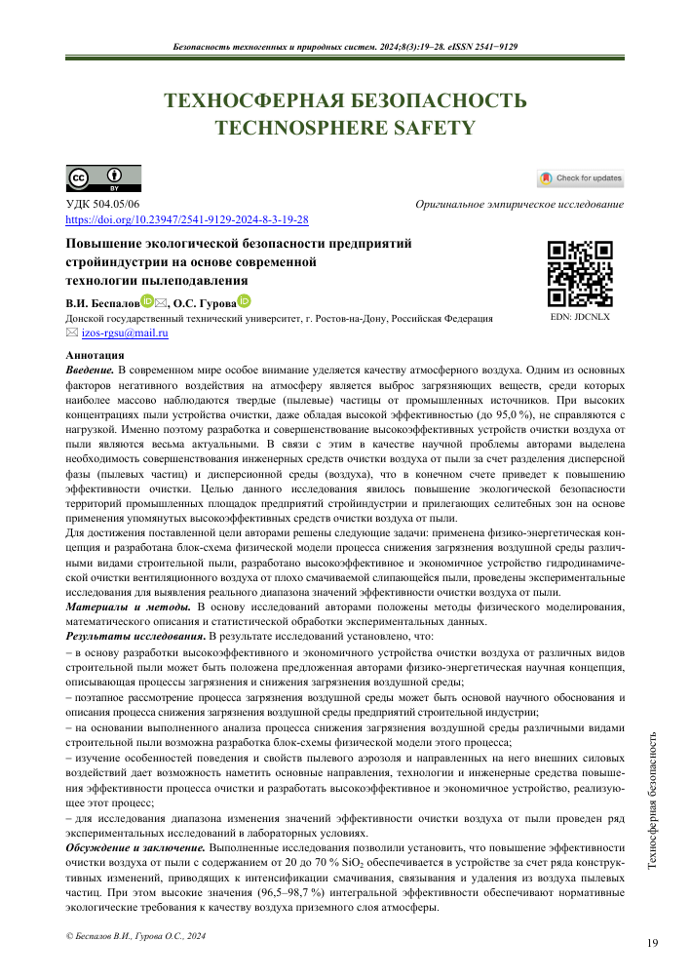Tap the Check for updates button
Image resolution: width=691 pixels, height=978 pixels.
[580, 178]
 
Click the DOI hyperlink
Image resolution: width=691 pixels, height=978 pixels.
[186, 221]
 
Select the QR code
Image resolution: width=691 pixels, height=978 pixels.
[580, 274]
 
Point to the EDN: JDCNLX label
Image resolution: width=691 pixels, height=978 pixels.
[580, 317]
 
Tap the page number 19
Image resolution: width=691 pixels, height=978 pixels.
[652, 943]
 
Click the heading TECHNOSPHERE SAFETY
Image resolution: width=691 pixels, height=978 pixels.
[345, 127]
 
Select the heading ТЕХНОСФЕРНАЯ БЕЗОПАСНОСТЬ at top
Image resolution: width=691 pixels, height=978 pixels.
[345, 101]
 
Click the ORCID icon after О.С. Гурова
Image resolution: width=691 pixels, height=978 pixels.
[245, 302]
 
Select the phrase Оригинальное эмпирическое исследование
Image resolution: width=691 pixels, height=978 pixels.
[518, 206]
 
